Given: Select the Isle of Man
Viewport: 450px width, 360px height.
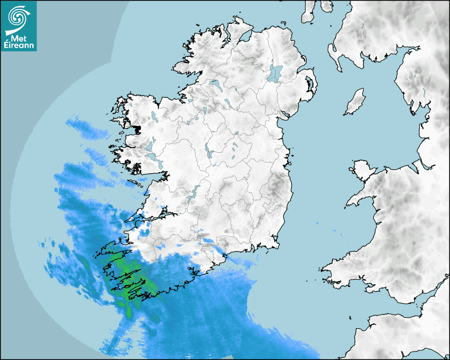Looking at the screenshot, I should [355, 102].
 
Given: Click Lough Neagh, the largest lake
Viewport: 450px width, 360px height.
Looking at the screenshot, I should [275, 73].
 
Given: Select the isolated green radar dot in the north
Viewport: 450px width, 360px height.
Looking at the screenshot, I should [236, 89].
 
